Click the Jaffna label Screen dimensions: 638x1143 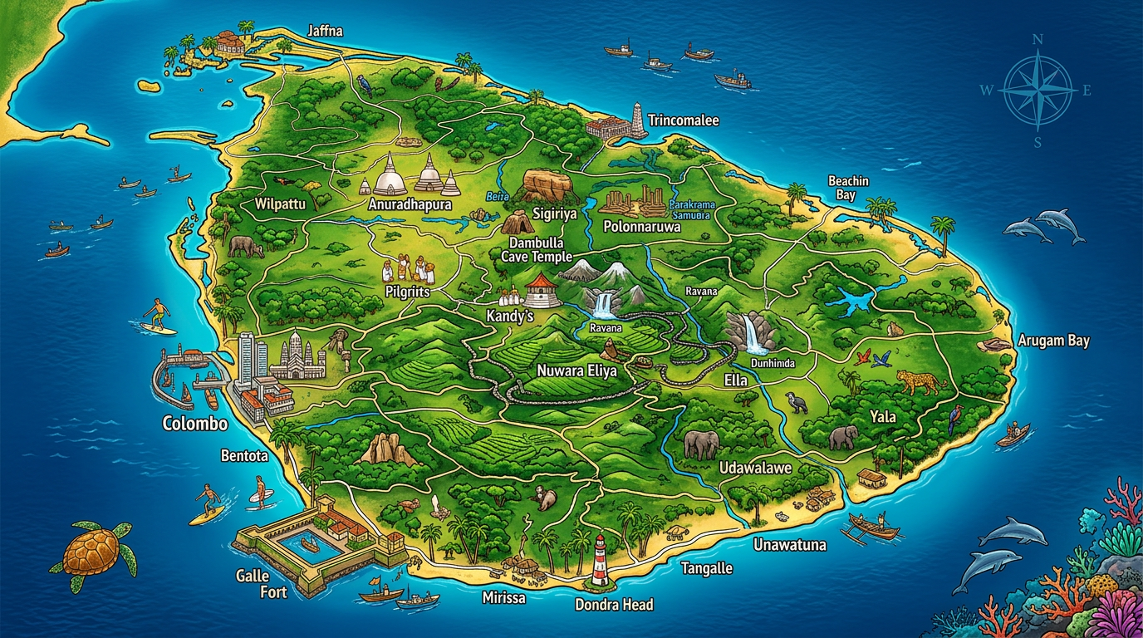(x=325, y=32)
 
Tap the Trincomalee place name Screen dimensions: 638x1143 (x=683, y=120)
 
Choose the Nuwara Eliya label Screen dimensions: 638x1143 (x=576, y=371)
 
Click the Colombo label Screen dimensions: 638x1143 (x=195, y=424)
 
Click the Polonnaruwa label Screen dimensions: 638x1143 (x=641, y=226)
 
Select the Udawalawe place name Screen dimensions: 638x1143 (x=755, y=468)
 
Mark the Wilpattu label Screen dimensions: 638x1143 (x=280, y=204)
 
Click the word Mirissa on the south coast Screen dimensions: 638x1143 (x=503, y=597)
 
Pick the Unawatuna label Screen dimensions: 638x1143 (x=789, y=545)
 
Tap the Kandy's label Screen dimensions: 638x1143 (x=508, y=317)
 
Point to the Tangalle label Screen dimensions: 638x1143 (x=706, y=568)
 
